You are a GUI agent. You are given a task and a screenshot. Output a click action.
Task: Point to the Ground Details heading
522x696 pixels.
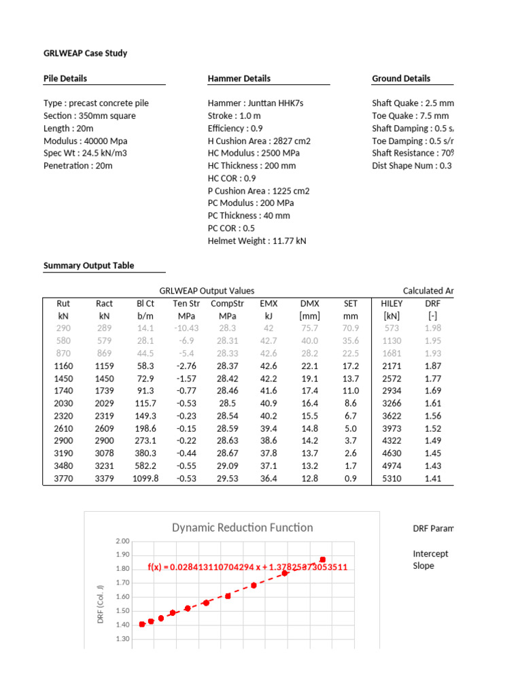[x=401, y=78]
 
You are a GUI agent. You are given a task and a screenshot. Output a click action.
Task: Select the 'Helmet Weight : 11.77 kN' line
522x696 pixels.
[x=257, y=241]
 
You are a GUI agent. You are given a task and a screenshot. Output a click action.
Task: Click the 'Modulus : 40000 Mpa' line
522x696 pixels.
[x=85, y=141]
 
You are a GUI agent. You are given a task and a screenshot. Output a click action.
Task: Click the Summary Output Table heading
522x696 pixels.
[x=88, y=266]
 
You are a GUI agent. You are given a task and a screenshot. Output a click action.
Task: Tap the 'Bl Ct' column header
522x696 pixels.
[x=145, y=303]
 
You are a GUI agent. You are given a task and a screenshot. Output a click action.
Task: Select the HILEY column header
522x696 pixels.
[x=392, y=303]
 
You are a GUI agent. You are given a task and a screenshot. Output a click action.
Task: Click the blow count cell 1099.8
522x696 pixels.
[x=144, y=478]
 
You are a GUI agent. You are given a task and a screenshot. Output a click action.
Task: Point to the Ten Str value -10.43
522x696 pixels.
[x=186, y=328]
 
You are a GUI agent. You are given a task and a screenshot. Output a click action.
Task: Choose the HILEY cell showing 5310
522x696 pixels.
[x=392, y=478]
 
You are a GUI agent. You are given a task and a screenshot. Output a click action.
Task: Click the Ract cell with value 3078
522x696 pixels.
[x=104, y=453]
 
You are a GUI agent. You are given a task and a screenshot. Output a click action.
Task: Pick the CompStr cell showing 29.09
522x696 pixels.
[x=227, y=466]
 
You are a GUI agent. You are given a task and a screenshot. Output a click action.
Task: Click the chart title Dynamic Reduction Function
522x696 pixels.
[x=242, y=527]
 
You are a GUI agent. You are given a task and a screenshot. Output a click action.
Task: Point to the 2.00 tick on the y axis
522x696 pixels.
[x=122, y=541]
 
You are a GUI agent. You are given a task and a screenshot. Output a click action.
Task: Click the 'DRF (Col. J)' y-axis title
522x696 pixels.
[x=101, y=599]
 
